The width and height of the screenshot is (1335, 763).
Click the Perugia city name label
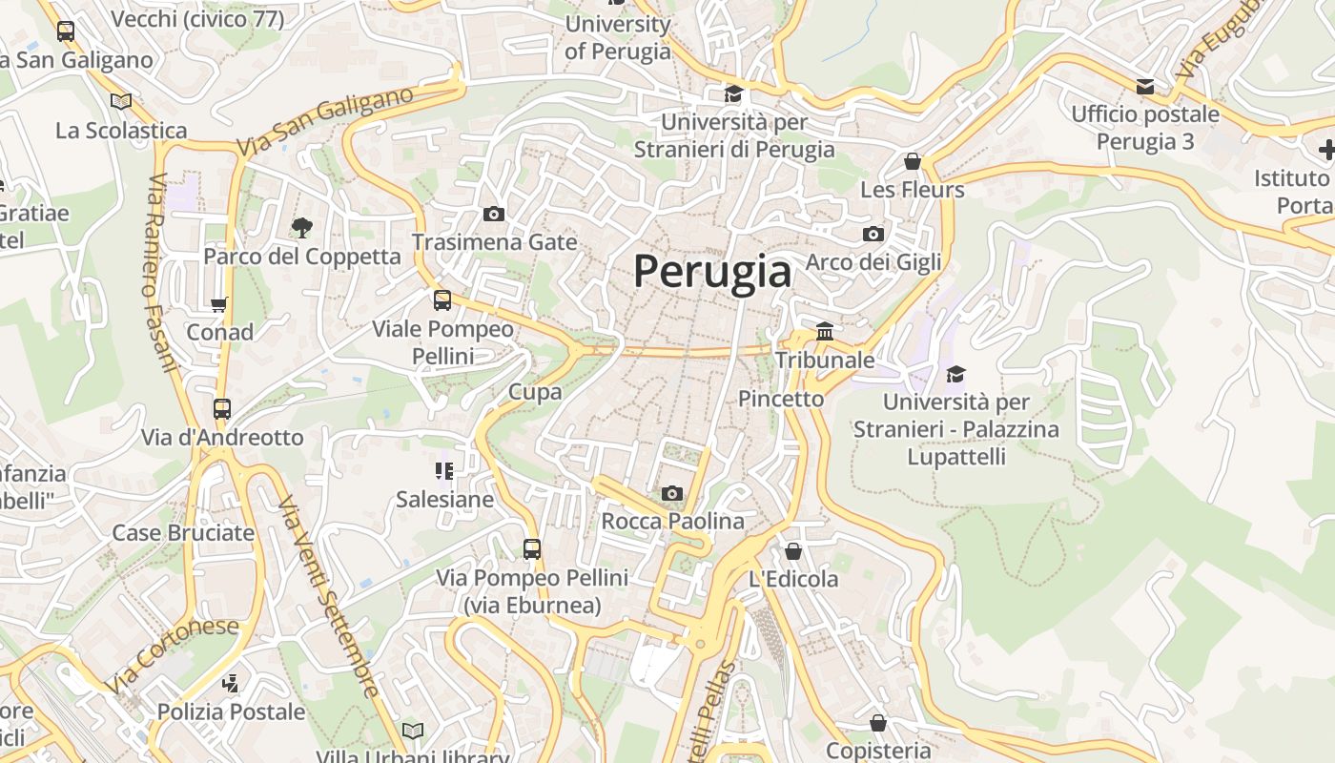pos(712,272)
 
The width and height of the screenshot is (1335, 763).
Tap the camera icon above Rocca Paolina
pos(672,493)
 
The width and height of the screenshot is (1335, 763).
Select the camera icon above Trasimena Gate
pos(493,214)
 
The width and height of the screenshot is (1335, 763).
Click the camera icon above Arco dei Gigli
pos(873,234)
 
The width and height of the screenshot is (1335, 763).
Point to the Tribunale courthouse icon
pos(825,331)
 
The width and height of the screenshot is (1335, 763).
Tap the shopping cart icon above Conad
pos(219,304)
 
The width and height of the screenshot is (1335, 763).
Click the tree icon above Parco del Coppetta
pos(302,227)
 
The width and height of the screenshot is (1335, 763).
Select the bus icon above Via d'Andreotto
pos(222,409)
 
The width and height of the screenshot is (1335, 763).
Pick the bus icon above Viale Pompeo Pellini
pos(442,300)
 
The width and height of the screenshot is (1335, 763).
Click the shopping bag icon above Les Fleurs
pos(913,161)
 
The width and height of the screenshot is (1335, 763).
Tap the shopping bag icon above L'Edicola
pos(793,551)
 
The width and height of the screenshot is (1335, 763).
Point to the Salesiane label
pos(444,499)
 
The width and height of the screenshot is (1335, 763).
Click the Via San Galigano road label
pos(325,122)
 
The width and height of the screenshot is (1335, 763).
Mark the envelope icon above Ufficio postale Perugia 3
pos(1145,87)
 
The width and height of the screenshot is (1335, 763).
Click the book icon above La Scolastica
pos(121,101)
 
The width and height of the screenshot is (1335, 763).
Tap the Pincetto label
pos(781,399)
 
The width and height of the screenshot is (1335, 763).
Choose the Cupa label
pos(535,391)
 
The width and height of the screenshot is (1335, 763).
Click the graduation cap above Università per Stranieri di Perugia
pos(733,93)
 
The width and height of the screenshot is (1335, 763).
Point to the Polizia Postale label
pos(231,711)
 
